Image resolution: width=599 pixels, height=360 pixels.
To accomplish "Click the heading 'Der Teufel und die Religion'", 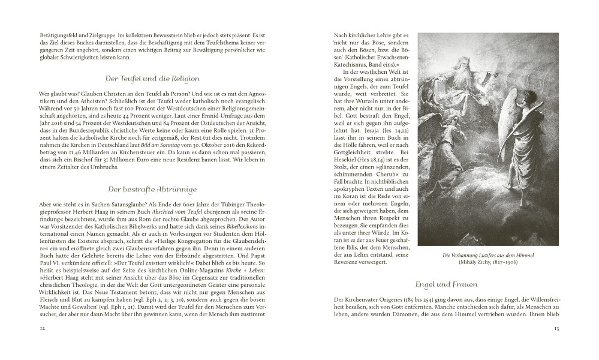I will (x=152, y=79).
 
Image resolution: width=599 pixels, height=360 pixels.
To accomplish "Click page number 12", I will (x=42, y=328).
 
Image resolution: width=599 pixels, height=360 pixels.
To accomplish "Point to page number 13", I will (x=556, y=328).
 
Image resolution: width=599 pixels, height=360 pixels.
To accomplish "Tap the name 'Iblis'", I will (x=362, y=241).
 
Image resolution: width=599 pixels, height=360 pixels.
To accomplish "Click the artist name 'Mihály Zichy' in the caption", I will (x=478, y=263).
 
